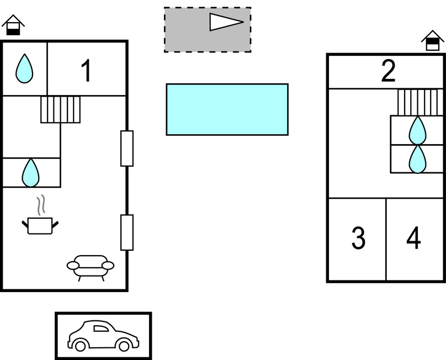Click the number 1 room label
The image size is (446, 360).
(86, 71)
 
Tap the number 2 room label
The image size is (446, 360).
(389, 71)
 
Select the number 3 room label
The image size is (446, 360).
(358, 238)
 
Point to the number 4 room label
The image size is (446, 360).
(413, 238)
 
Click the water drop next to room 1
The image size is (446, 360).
(24, 68)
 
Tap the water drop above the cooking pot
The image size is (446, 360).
(30, 173)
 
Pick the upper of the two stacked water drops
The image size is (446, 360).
(417, 131)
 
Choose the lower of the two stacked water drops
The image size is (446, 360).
(417, 158)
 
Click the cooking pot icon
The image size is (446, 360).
(40, 225)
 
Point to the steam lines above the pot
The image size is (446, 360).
(40, 206)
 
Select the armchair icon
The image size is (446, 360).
(91, 267)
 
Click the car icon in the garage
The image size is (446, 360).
(103, 336)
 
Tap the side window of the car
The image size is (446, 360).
(102, 329)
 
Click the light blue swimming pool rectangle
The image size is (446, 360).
(227, 109)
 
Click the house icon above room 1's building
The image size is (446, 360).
(13, 25)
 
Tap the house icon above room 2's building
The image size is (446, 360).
(433, 40)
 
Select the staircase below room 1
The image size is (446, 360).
(61, 109)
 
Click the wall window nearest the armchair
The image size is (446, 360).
(127, 232)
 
